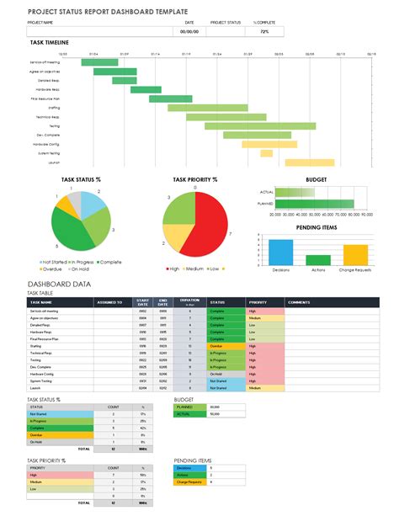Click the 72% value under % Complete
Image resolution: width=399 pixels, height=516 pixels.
[x=264, y=31]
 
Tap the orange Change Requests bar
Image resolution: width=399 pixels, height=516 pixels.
[x=355, y=255]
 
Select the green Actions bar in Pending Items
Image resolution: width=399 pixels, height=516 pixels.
[x=317, y=260]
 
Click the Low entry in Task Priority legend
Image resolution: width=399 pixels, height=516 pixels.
[x=215, y=269]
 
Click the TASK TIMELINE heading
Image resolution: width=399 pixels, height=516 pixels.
[x=49, y=42]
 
